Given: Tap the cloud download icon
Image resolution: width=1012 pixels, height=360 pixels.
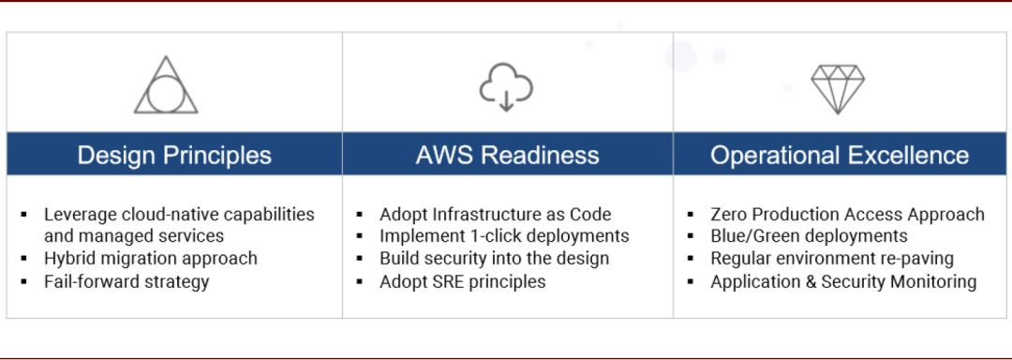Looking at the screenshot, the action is click(506, 86).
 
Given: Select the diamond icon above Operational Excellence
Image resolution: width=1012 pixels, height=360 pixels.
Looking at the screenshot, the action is click(838, 89).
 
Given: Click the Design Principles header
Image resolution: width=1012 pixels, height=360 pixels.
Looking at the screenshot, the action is click(174, 156).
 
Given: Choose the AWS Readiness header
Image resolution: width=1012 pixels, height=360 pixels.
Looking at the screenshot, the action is click(507, 156).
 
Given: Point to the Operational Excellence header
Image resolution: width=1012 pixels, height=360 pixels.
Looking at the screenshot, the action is click(840, 156).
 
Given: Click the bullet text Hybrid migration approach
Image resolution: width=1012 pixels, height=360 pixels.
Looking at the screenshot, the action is click(150, 259).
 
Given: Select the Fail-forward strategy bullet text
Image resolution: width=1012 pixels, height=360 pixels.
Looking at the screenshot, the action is click(126, 282).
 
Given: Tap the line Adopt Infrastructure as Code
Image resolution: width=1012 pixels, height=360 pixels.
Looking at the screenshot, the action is click(495, 214).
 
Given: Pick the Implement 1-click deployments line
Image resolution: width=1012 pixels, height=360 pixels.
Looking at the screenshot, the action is click(504, 236).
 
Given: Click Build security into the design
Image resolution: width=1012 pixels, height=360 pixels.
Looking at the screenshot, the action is click(495, 259).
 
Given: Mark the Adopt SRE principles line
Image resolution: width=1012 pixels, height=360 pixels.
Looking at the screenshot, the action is click(462, 282).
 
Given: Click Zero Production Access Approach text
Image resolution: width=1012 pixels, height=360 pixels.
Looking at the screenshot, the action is click(847, 214).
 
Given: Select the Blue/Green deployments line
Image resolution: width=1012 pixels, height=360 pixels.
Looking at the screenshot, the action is click(809, 236).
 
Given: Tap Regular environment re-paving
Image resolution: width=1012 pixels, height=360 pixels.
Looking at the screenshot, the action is click(832, 259).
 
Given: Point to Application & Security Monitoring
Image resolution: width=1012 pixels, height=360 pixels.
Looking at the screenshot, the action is click(843, 282).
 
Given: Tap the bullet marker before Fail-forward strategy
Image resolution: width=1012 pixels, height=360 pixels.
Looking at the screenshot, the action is click(24, 282).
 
